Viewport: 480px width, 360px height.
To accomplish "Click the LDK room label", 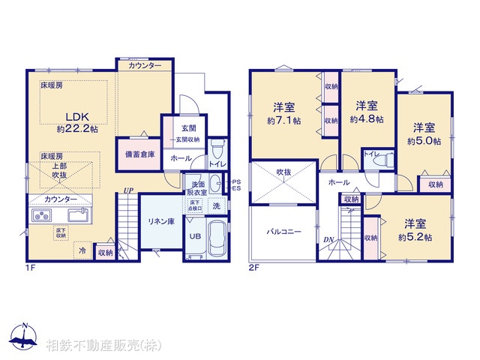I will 76,116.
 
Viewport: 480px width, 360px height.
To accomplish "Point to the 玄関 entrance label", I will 188,127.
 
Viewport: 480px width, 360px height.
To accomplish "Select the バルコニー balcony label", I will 284,232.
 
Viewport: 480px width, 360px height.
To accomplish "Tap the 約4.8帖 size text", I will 367,118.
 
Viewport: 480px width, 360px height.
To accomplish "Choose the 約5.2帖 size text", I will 415,237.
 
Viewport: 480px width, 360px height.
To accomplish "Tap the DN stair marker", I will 328,240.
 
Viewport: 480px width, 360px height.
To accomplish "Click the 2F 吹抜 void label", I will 283,172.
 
